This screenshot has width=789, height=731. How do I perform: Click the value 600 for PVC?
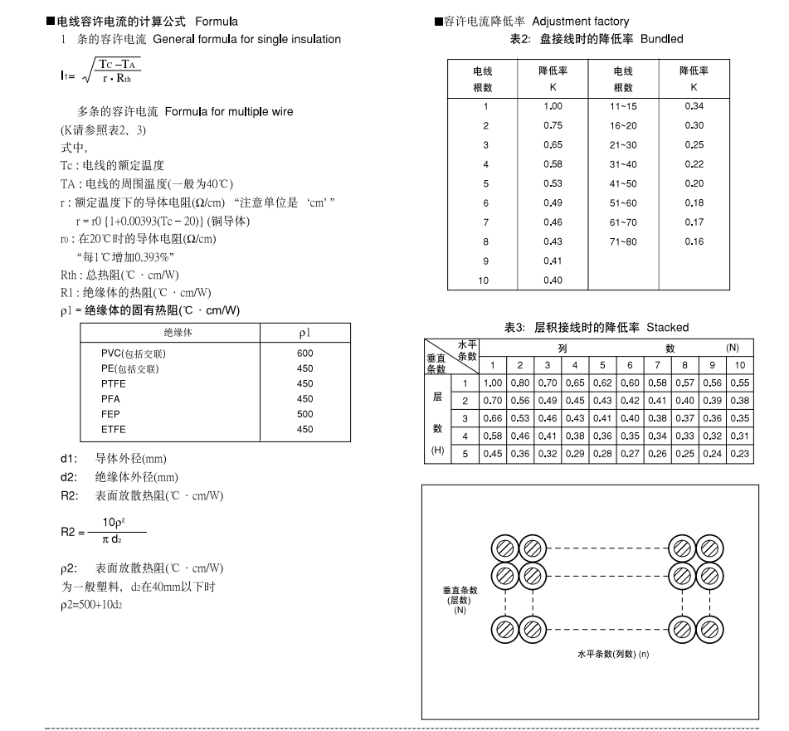click(x=304, y=353)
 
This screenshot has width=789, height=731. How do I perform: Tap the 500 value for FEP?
click(x=304, y=414)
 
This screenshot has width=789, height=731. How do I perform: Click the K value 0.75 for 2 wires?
click(x=553, y=125)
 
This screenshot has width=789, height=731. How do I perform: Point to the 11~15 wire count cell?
click(x=623, y=106)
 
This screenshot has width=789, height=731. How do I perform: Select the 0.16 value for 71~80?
click(x=694, y=241)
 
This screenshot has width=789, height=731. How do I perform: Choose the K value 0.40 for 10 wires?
click(x=553, y=280)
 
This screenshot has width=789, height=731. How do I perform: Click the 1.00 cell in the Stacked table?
click(x=493, y=383)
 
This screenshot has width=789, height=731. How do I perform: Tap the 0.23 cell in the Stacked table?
click(x=740, y=453)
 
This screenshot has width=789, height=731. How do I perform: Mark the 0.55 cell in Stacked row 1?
click(x=740, y=383)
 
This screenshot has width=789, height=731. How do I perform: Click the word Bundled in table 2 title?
click(x=663, y=39)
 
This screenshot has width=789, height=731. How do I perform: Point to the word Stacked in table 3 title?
click(x=668, y=328)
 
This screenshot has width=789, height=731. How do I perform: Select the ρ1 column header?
click(x=304, y=333)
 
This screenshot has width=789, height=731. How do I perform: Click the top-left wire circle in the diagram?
click(x=505, y=548)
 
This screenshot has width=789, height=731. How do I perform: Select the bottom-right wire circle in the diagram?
click(x=707, y=629)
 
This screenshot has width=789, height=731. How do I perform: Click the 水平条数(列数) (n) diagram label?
click(x=614, y=655)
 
